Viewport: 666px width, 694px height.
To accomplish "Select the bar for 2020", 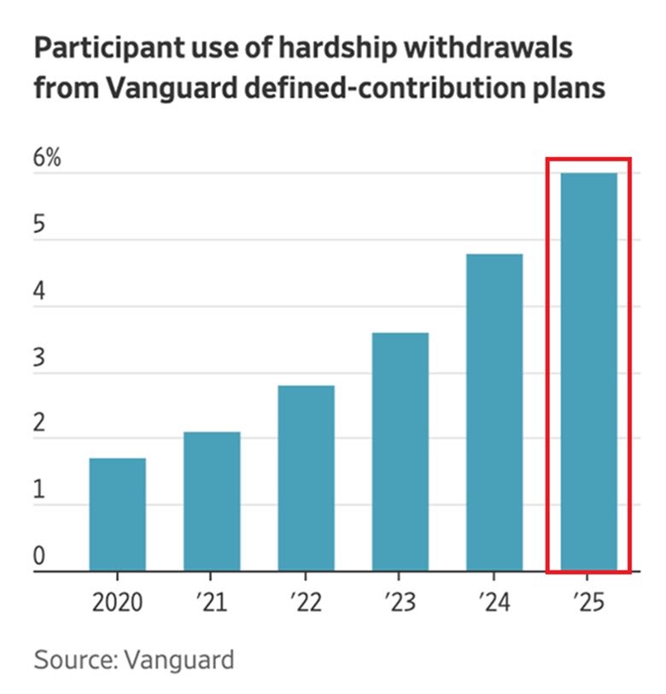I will point(117,515).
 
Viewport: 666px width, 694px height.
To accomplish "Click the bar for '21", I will point(212,501).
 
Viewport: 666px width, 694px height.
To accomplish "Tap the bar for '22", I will point(306,478).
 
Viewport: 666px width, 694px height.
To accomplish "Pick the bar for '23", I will point(400,452).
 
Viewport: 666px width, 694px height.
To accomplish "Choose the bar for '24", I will point(494,412).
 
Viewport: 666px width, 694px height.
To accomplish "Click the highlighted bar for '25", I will point(588,372).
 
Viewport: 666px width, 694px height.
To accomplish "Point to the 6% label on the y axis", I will point(48,159).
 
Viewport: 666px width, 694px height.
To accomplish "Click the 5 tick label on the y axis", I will point(39,226).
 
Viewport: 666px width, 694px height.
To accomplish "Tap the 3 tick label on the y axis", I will point(39,359).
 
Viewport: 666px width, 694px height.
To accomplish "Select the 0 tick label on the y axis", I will point(39,558).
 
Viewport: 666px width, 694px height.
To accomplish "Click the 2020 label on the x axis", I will point(118,604).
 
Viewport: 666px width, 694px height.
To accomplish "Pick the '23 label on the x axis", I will point(400,604).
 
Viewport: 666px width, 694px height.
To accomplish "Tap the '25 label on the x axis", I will point(588,604).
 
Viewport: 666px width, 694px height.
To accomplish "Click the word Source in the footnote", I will point(69,660).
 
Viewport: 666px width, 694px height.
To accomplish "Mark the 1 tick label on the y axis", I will point(39,492).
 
